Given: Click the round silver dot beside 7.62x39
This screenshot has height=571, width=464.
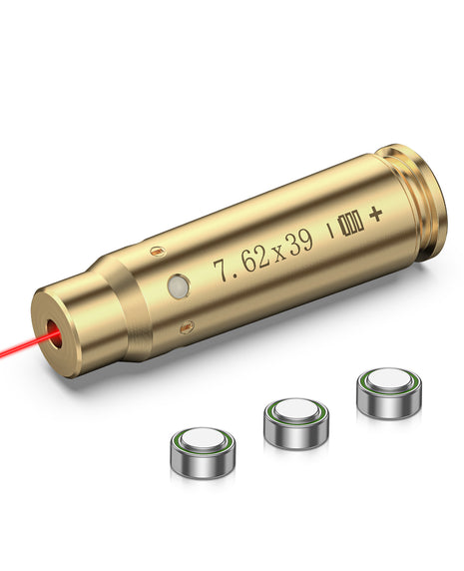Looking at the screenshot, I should click(179, 287).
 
